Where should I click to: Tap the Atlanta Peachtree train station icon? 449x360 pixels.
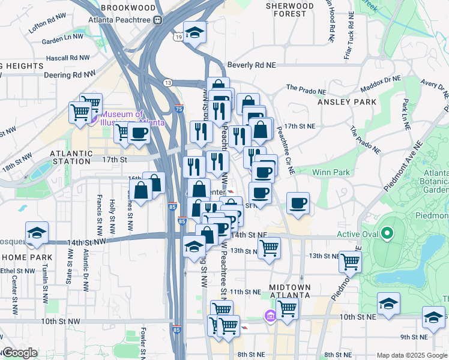coord(158,20)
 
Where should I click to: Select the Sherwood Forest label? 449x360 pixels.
coord(290,10)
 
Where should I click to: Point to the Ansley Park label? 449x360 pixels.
coord(348,102)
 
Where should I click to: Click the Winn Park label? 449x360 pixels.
coord(331,173)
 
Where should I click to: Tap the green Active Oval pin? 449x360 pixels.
coord(387,233)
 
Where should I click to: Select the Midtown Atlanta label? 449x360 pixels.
coord(289,291)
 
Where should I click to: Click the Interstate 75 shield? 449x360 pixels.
coord(179,108)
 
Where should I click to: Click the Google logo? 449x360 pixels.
coord(20,353)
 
